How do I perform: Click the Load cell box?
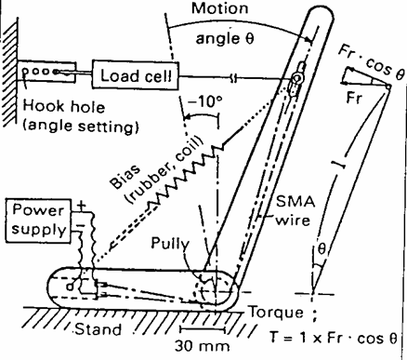tap(135, 75)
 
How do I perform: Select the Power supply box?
tap(38, 220)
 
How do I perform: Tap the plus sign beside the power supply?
tap(81, 206)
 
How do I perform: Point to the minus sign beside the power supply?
tap(81, 225)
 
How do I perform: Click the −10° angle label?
tap(205, 101)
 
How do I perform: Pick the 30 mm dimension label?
tap(203, 346)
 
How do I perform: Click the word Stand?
tap(98, 329)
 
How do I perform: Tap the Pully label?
tap(170, 244)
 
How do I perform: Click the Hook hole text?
tap(64, 106)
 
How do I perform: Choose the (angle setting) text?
tap(81, 126)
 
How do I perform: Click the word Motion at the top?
tap(220, 8)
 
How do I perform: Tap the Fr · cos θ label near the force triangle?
tap(371, 62)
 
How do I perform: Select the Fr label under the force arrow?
tap(353, 98)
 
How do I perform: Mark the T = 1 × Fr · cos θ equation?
tap(334, 338)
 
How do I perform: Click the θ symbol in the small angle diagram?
tap(322, 248)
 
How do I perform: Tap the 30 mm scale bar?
tap(203, 329)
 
